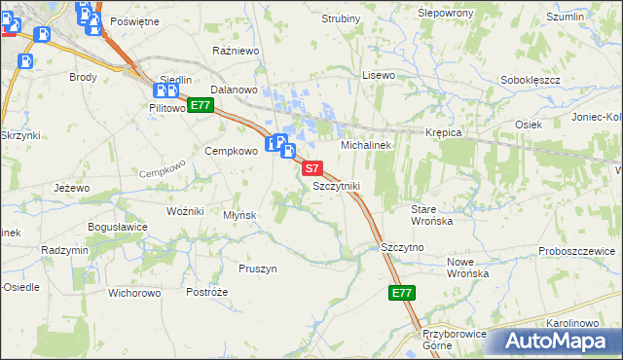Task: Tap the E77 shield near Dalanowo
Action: [201, 105]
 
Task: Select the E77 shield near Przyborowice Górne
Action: [402, 293]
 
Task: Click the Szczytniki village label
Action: [337, 185]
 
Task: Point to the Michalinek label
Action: [365, 144]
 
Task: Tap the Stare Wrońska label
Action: [433, 215]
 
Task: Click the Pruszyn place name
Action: [258, 268]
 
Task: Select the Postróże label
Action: [206, 292]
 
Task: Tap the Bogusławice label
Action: [117, 227]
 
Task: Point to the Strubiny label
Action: [341, 18]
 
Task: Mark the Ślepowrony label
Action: [445, 13]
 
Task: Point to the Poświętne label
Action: [134, 20]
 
